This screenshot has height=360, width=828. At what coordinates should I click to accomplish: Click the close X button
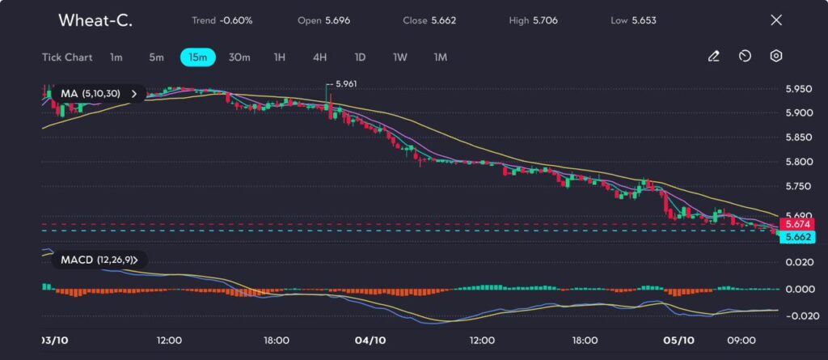(x=776, y=20)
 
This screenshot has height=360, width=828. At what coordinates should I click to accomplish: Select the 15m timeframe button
(x=198, y=57)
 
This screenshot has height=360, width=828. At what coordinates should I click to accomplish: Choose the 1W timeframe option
(x=400, y=57)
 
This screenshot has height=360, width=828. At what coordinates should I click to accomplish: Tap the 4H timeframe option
(x=320, y=57)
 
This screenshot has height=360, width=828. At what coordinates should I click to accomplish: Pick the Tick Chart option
(x=66, y=57)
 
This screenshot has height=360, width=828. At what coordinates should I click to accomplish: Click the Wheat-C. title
(x=95, y=20)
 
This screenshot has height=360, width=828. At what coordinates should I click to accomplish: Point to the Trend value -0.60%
(x=236, y=20)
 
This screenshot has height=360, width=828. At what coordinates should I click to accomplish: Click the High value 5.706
(x=544, y=20)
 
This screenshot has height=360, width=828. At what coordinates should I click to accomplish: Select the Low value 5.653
(x=646, y=20)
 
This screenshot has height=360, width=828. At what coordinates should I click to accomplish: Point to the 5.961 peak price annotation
(x=345, y=83)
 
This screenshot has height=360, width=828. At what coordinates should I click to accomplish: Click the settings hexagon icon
(x=776, y=57)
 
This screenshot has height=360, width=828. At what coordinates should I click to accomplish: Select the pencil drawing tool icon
(x=714, y=57)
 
